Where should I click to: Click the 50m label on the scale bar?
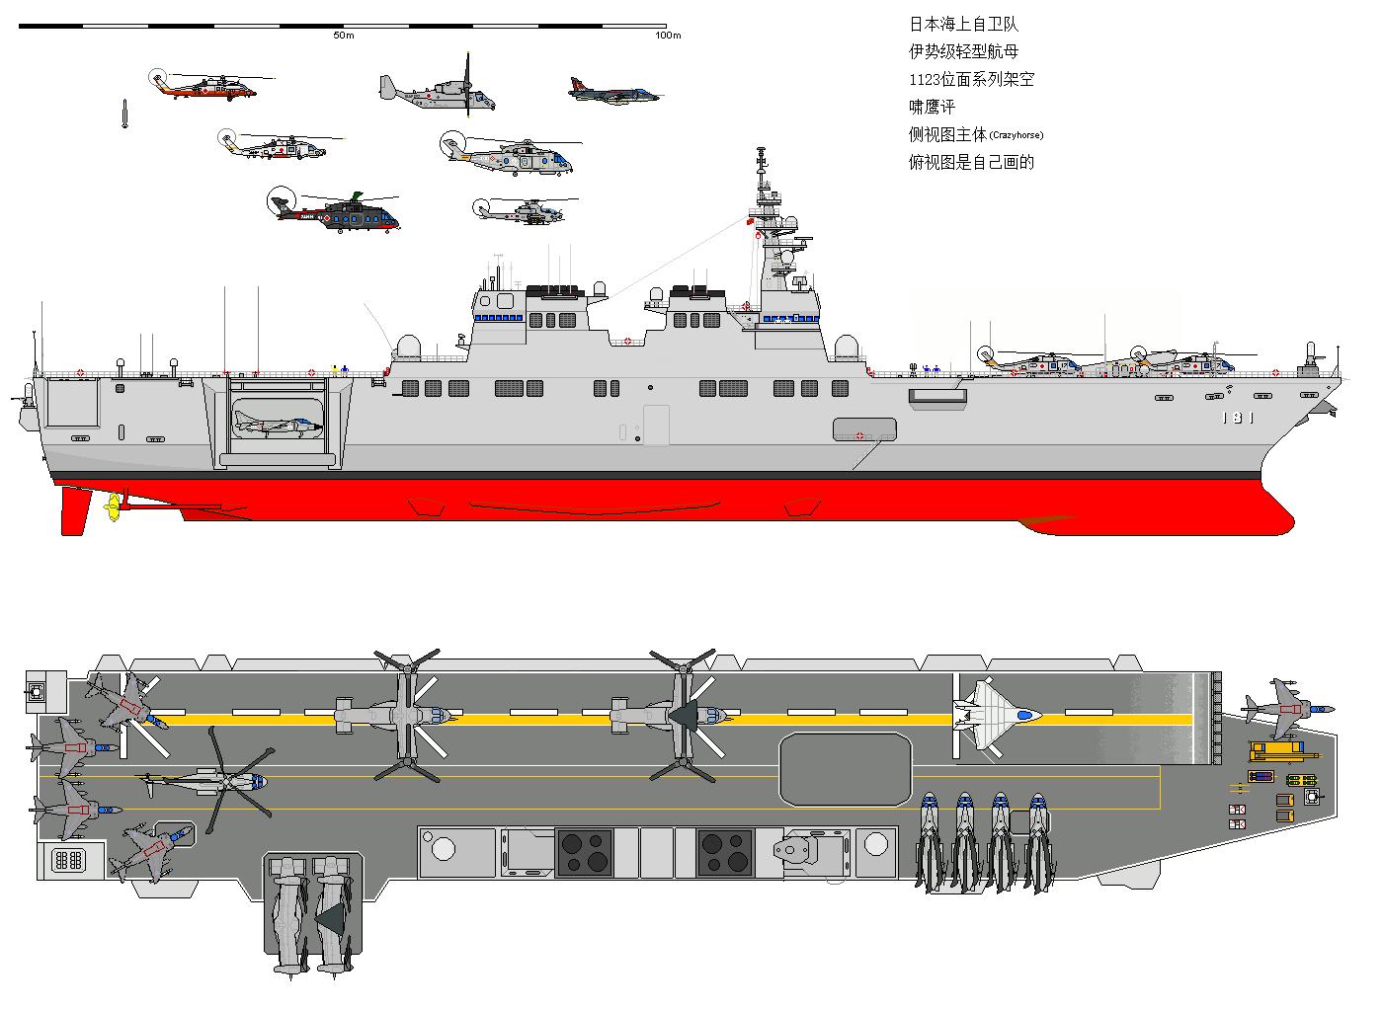(343, 36)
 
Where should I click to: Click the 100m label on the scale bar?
(668, 36)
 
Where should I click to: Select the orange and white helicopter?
(204, 86)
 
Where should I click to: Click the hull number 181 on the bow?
(1237, 418)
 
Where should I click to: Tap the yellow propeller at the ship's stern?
(113, 508)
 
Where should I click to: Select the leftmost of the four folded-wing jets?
(930, 839)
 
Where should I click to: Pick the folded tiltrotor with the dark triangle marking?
(333, 913)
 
